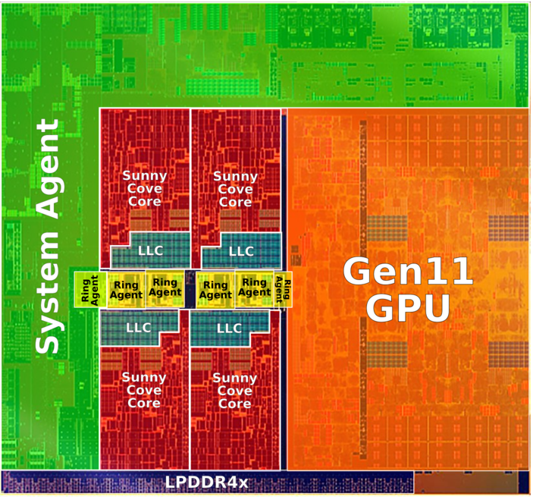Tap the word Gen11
click(x=408, y=272)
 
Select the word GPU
click(x=408, y=307)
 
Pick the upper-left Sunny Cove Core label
click(x=144, y=188)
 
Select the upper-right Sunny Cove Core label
click(x=235, y=188)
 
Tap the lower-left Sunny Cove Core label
click(x=144, y=390)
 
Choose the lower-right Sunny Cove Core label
click(x=235, y=390)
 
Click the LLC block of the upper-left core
click(x=150, y=250)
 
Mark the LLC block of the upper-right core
click(x=241, y=250)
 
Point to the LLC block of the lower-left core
click(x=139, y=328)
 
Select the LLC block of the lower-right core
click(x=229, y=328)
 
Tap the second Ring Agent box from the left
click(x=125, y=290)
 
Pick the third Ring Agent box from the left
click(x=165, y=288)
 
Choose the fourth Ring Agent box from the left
click(x=215, y=290)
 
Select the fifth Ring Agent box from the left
click(x=254, y=288)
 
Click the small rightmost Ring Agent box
click(x=283, y=289)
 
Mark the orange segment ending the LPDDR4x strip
click(x=471, y=482)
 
